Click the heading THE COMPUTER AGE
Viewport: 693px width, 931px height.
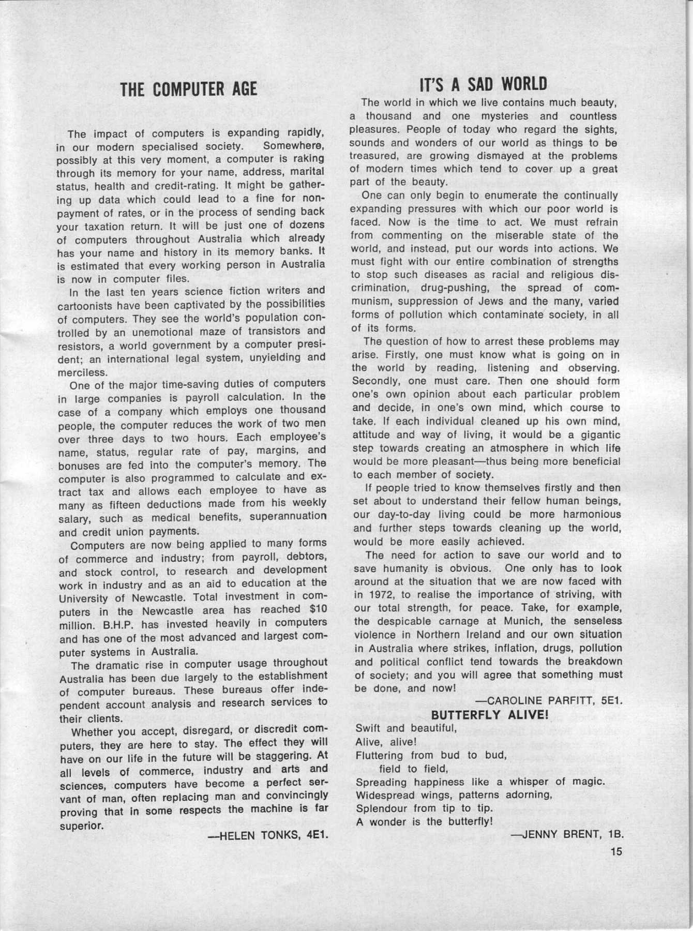(x=188, y=89)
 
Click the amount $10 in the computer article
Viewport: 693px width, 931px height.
(x=317, y=609)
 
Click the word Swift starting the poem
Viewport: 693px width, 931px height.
(x=369, y=728)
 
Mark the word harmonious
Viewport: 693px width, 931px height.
(x=591, y=515)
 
